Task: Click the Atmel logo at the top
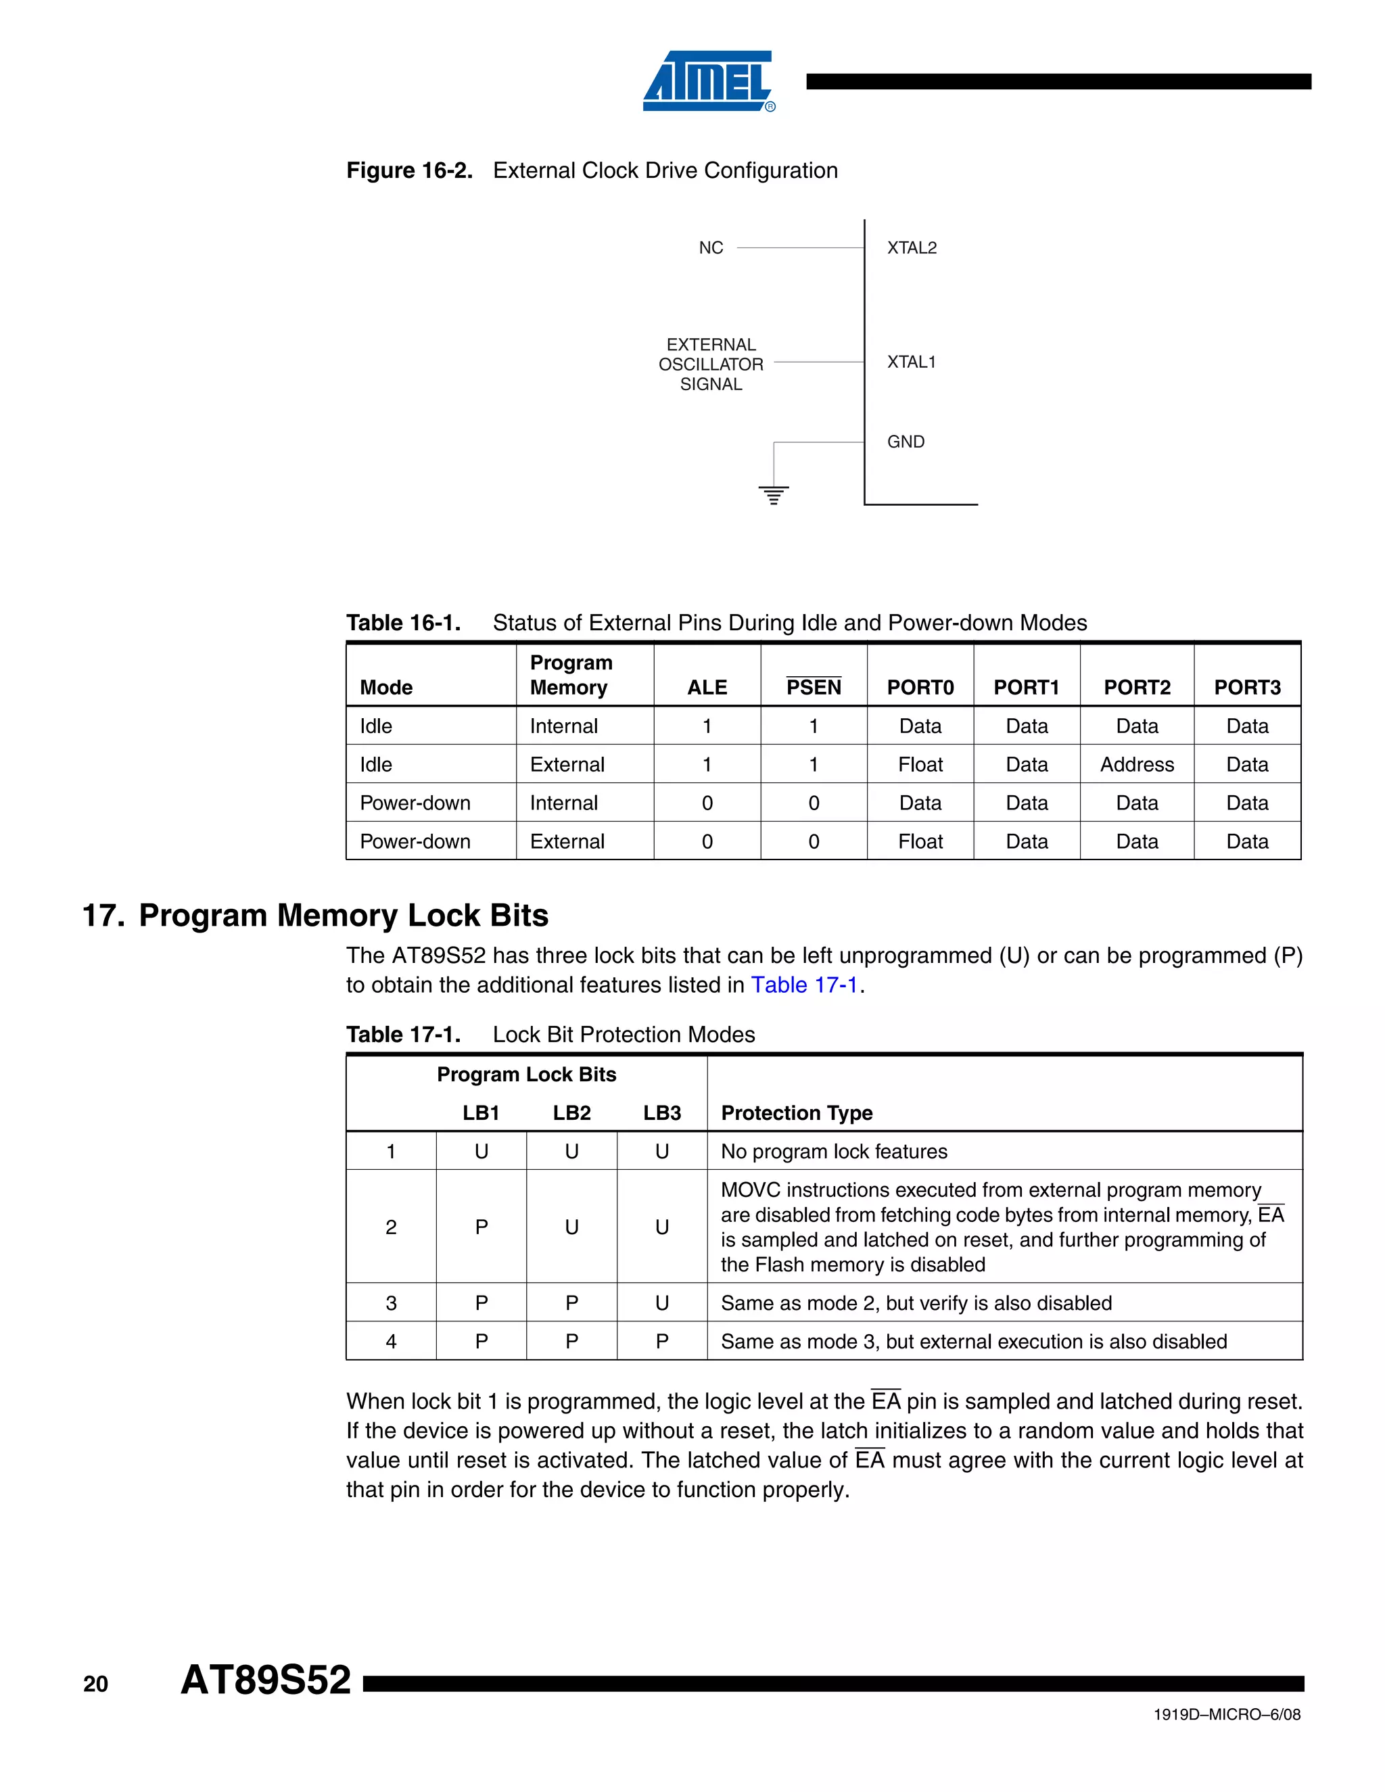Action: coord(708,81)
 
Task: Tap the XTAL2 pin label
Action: coord(912,247)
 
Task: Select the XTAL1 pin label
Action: coord(911,362)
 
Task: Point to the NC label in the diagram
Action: coord(711,247)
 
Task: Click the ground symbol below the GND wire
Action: coord(774,495)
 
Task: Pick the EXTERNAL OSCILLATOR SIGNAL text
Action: coord(711,364)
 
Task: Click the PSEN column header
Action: coord(813,688)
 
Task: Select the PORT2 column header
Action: coord(1136,688)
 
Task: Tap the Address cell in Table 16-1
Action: coord(1136,765)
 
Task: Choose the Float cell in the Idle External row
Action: coord(920,765)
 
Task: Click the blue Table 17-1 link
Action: coord(804,985)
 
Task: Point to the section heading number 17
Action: coord(103,916)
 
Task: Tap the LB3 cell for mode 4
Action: coord(661,1342)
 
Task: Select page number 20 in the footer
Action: coord(96,1684)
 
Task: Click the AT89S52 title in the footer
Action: coord(266,1680)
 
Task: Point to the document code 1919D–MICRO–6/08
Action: coord(1227,1714)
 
